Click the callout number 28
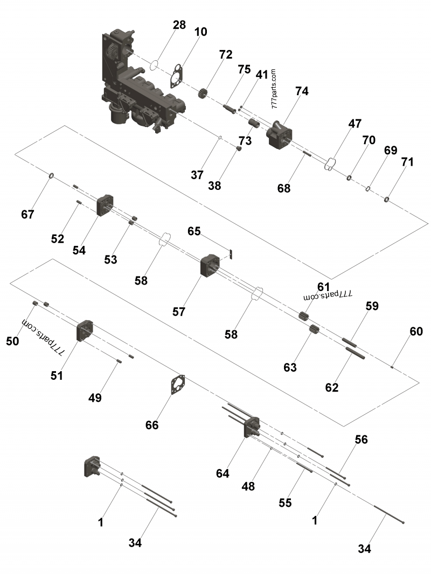[179, 25]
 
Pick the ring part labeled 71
[387, 200]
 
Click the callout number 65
[194, 231]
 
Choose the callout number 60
[416, 331]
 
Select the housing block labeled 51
[86, 330]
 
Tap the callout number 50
[12, 341]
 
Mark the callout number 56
[361, 440]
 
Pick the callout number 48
[248, 486]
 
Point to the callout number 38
[214, 186]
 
